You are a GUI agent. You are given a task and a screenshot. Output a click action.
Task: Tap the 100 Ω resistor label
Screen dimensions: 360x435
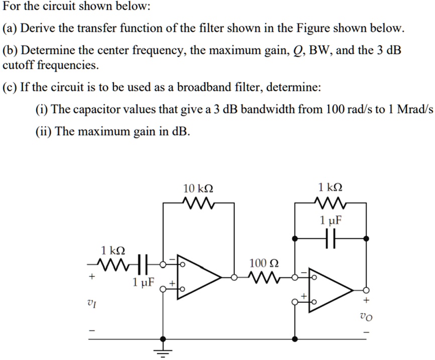(x=263, y=263)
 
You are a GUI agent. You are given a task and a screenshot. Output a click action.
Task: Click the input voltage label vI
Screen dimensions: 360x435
(x=91, y=302)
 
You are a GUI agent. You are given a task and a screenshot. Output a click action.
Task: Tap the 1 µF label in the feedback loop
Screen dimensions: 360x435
(x=331, y=220)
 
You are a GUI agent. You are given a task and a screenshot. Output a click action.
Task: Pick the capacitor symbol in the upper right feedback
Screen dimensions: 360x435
(x=330, y=239)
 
